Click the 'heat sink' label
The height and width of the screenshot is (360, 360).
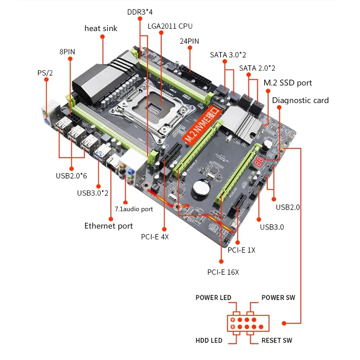101,28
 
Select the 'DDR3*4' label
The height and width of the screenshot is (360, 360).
140,12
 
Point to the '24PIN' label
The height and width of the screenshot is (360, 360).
189,41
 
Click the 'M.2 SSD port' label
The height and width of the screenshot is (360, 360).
288,83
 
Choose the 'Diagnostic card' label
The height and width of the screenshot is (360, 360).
300,100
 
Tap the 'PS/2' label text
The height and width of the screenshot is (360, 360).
45,72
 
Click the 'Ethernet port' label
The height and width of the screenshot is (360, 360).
108,225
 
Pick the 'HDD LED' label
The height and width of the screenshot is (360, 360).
209,340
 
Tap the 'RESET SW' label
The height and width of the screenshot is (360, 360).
277,340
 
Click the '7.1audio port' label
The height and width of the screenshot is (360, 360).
134,209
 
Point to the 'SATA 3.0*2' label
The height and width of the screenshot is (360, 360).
228,55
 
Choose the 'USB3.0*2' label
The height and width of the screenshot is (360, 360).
92,193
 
